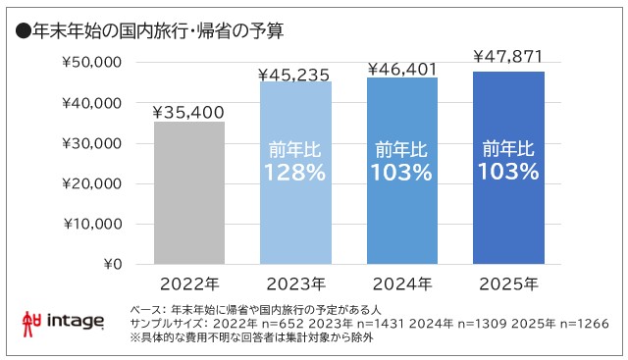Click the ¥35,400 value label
pos(189,112)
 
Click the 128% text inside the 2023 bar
pos(295,173)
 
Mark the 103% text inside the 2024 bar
pos(402,173)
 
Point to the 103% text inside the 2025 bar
pos(508,172)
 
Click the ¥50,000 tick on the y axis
pos(90,62)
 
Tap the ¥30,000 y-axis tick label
pos(90,143)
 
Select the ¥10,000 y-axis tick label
pos(90,224)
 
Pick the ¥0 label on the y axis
pos(111,264)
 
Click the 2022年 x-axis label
pos(189,285)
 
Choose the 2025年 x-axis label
pos(508,285)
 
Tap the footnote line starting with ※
pos(255,338)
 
